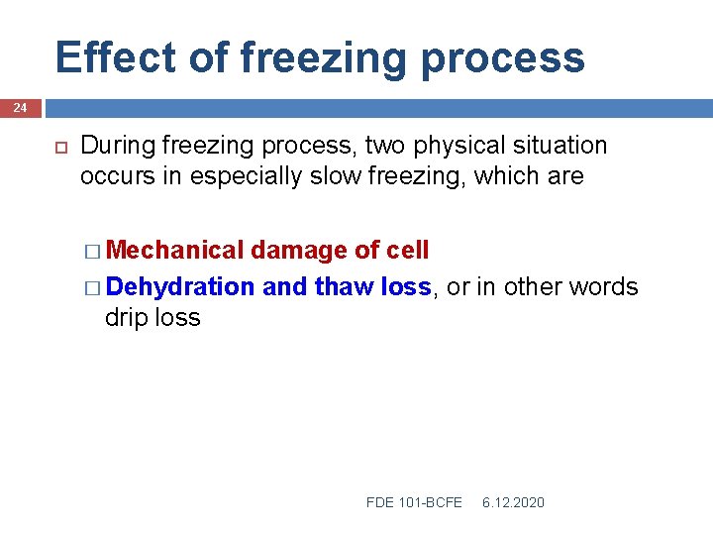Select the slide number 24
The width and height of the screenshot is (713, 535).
pos(20,107)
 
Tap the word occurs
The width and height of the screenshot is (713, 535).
pos(112,177)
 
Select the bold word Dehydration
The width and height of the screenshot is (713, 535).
pos(180,287)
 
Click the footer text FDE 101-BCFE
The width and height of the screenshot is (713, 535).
pos(414,503)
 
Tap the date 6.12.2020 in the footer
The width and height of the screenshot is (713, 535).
pos(513,503)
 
